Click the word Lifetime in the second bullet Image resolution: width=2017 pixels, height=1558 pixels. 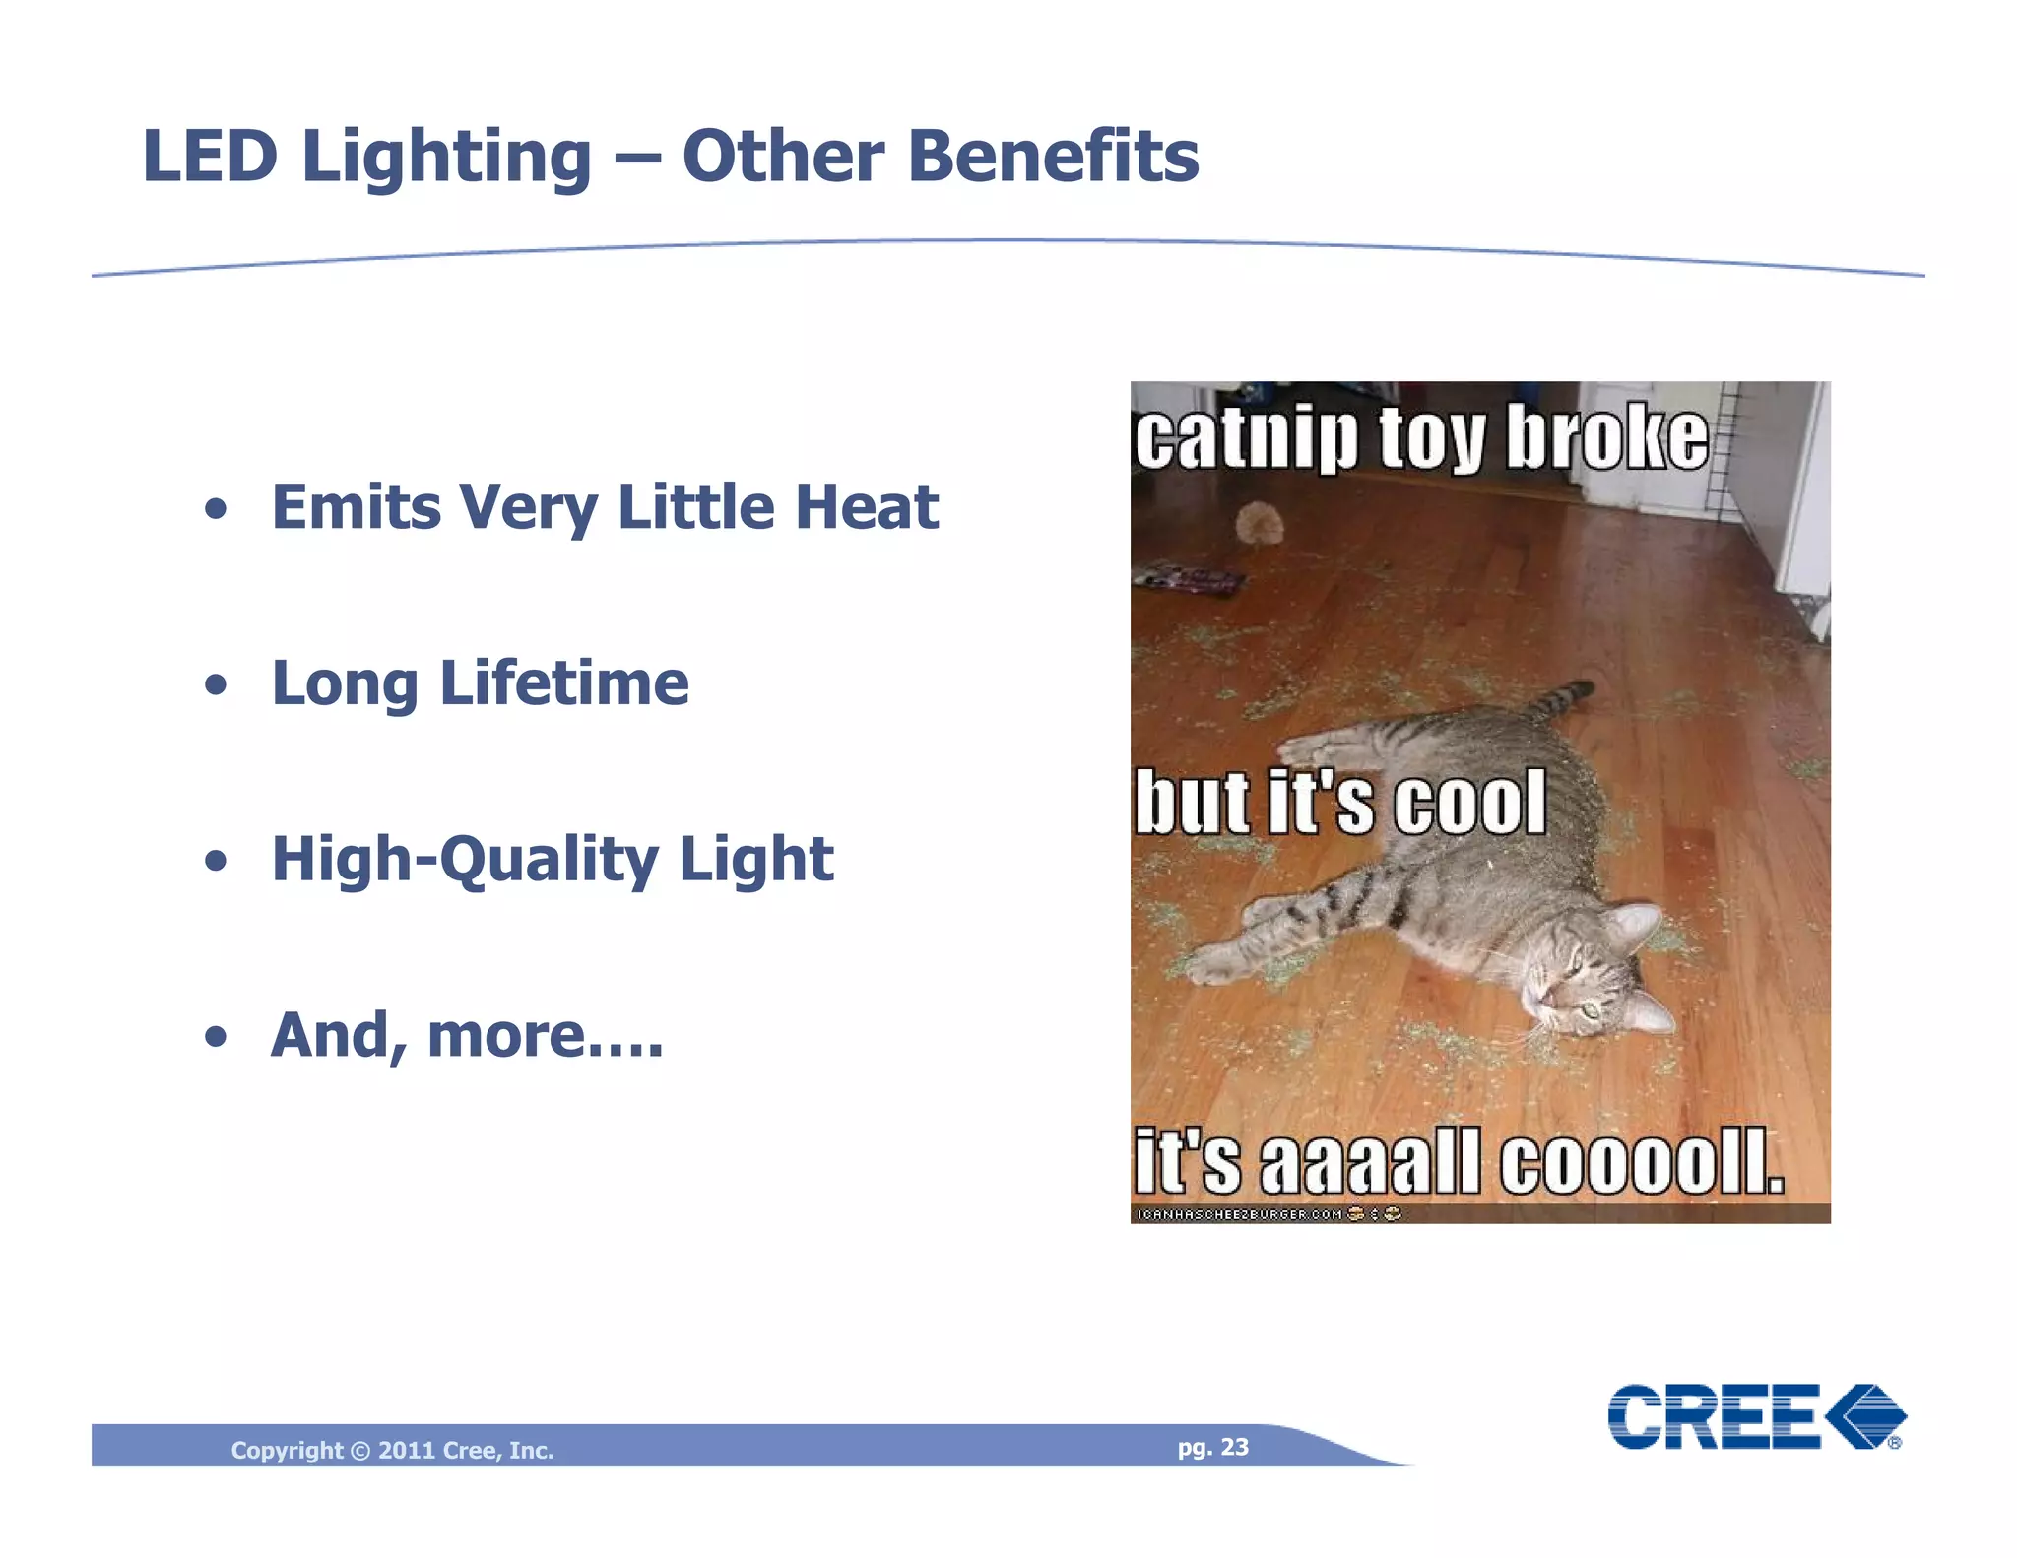[x=563, y=682]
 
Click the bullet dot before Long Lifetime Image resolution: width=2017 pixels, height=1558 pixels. [x=216, y=684]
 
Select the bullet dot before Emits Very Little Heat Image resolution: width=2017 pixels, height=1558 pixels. [x=216, y=509]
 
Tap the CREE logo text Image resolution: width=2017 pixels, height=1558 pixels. [x=1714, y=1417]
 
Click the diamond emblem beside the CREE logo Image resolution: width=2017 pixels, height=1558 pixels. [x=1865, y=1416]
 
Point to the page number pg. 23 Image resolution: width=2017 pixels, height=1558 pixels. [x=1212, y=1447]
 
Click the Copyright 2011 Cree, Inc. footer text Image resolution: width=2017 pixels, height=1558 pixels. [x=392, y=1450]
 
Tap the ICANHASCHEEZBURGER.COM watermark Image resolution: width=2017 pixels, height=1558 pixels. [x=1240, y=1214]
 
